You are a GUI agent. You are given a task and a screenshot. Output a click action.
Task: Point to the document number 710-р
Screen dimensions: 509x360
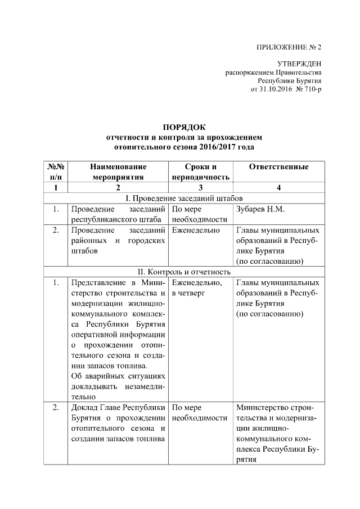(x=311, y=90)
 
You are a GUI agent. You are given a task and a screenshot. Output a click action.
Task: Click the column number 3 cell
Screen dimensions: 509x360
(x=200, y=188)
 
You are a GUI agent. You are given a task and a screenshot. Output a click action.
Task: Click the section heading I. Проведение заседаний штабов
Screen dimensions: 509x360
(x=184, y=199)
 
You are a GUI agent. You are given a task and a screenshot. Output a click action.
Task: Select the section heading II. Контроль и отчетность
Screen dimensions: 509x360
(x=184, y=272)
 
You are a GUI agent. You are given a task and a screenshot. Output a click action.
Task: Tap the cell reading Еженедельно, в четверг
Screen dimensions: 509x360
(x=197, y=288)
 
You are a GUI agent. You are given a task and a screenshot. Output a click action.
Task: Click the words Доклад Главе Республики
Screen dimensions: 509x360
(x=118, y=408)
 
